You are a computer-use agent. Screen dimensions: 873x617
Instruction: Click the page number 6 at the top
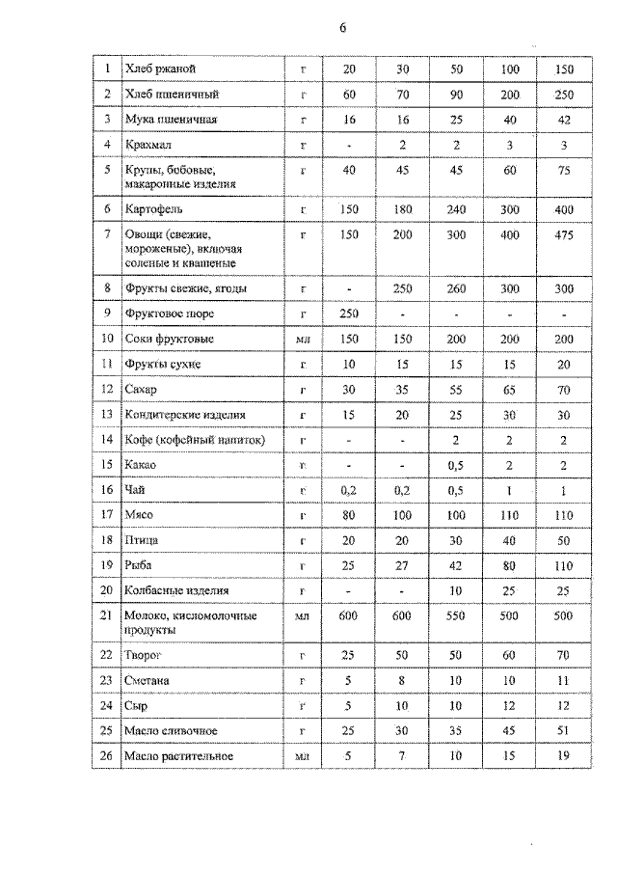click(341, 28)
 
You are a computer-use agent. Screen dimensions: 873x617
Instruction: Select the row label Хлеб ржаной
click(161, 68)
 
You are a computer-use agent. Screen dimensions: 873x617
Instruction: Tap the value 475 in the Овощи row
click(564, 235)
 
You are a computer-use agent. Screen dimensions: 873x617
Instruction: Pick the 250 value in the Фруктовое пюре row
click(348, 314)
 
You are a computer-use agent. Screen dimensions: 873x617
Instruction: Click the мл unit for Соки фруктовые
click(302, 340)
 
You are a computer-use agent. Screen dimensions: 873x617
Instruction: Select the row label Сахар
click(142, 389)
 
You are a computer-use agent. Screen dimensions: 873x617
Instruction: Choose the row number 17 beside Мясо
click(106, 514)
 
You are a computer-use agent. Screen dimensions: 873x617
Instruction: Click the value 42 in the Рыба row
click(456, 564)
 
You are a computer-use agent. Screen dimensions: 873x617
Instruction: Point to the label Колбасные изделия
click(177, 589)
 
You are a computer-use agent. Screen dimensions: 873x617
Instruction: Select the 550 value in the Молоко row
click(456, 615)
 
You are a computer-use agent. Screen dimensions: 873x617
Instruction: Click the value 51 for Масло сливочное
click(564, 731)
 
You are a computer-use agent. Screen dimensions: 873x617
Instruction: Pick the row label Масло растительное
click(179, 756)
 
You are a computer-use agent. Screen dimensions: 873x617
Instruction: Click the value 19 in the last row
click(564, 756)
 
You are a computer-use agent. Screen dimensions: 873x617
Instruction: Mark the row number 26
click(106, 756)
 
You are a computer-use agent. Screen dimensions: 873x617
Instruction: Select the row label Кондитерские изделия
click(185, 414)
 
